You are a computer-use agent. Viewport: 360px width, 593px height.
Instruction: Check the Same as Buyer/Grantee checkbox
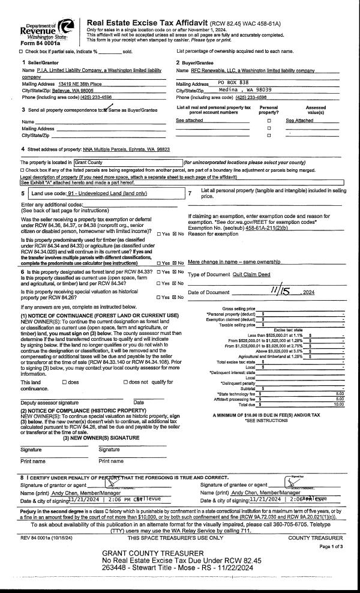coord(107,110)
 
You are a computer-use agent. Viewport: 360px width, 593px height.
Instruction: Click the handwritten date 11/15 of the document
coord(277,290)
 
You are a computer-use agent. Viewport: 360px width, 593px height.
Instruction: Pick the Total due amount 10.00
coord(338,405)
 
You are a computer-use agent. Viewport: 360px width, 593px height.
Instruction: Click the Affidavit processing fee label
coord(238,399)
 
